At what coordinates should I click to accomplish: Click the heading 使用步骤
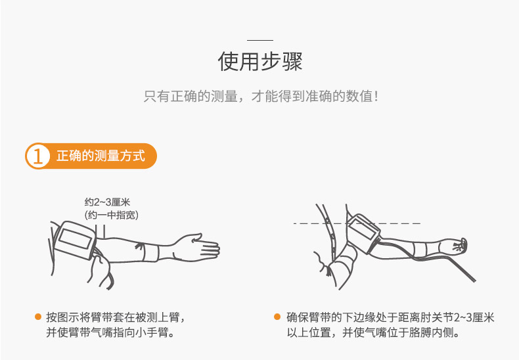point(260,61)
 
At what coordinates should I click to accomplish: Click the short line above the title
point(260,40)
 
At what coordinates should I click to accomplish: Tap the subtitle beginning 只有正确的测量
point(261,97)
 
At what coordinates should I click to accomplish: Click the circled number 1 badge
point(37,156)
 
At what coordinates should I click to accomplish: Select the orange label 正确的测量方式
point(101,156)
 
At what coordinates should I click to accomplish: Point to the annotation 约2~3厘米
point(107,202)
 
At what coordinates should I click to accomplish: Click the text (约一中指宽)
point(111,215)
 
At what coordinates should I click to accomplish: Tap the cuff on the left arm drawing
point(74,240)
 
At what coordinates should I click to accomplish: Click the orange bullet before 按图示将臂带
point(38,317)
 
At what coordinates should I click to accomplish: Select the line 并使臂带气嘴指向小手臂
point(110,332)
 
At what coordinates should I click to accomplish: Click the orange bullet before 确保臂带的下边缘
point(277,317)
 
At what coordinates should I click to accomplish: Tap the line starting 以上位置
point(374,332)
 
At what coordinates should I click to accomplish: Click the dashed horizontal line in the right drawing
point(357,223)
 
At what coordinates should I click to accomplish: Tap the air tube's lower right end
point(474,281)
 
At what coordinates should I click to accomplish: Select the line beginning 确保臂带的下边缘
point(390,317)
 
